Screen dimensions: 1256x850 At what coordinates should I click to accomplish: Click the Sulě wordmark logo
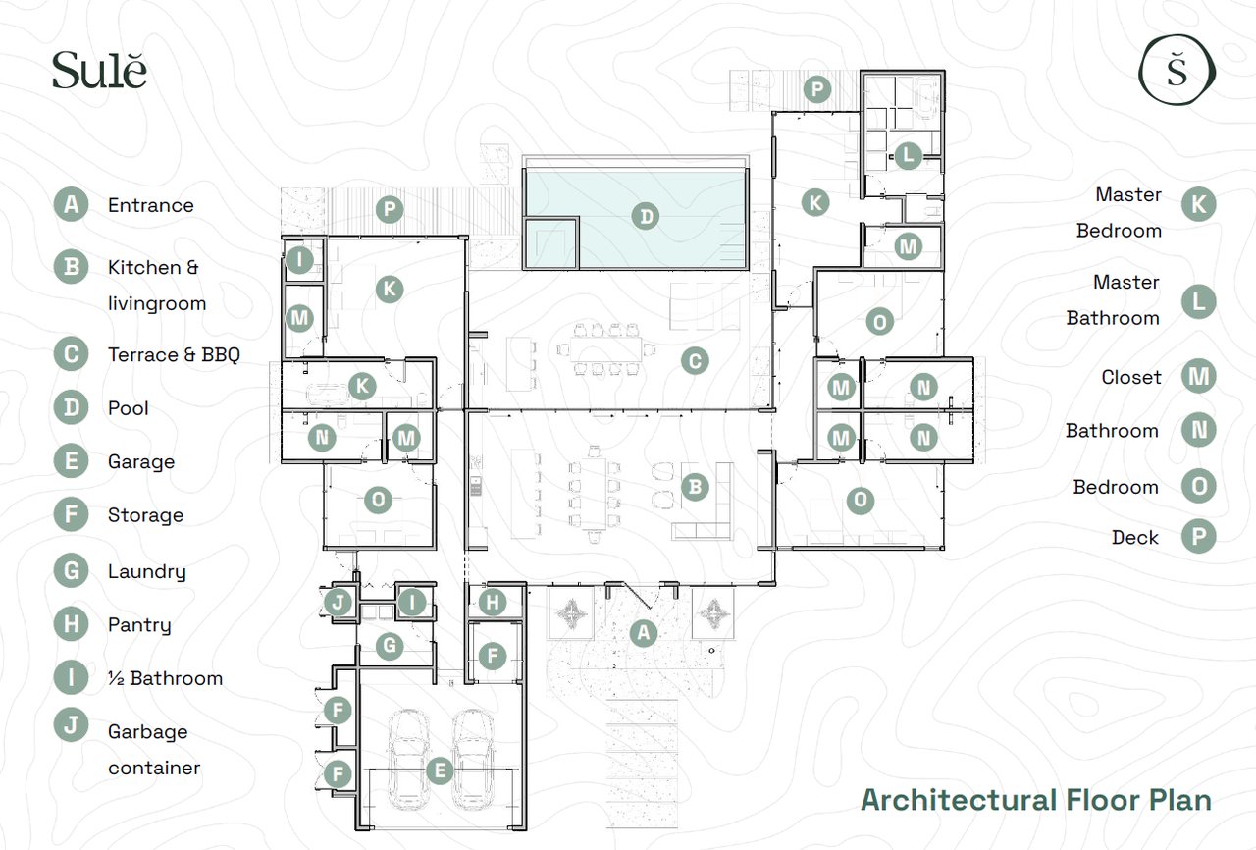click(100, 70)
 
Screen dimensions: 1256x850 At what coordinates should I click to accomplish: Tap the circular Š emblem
click(1177, 70)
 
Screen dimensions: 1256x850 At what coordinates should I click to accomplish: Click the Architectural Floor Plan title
click(1036, 800)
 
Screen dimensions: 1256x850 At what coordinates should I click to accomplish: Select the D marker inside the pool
click(646, 216)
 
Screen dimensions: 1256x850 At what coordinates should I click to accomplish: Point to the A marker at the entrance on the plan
click(643, 633)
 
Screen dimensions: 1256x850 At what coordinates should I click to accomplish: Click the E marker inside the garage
click(440, 770)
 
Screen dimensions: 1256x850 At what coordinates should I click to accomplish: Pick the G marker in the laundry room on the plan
click(390, 646)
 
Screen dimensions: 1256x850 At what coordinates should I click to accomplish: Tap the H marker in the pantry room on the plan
click(493, 603)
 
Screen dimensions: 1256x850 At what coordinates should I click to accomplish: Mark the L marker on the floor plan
click(908, 155)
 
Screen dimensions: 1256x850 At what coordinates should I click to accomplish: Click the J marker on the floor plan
click(339, 603)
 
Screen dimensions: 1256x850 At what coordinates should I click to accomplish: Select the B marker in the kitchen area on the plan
click(695, 486)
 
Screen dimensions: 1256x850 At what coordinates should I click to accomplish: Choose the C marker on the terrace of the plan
click(695, 360)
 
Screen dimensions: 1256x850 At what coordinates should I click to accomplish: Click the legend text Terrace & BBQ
click(174, 355)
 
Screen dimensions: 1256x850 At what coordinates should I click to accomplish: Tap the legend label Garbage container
click(154, 750)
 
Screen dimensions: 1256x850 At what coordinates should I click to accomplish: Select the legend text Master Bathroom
click(1113, 300)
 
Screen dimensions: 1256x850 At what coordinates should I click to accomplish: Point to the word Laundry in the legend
click(147, 572)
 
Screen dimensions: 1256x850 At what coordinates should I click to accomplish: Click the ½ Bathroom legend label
click(166, 678)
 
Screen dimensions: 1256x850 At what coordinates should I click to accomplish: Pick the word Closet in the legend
click(1131, 377)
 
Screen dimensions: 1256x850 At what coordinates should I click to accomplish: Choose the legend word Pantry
click(139, 625)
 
